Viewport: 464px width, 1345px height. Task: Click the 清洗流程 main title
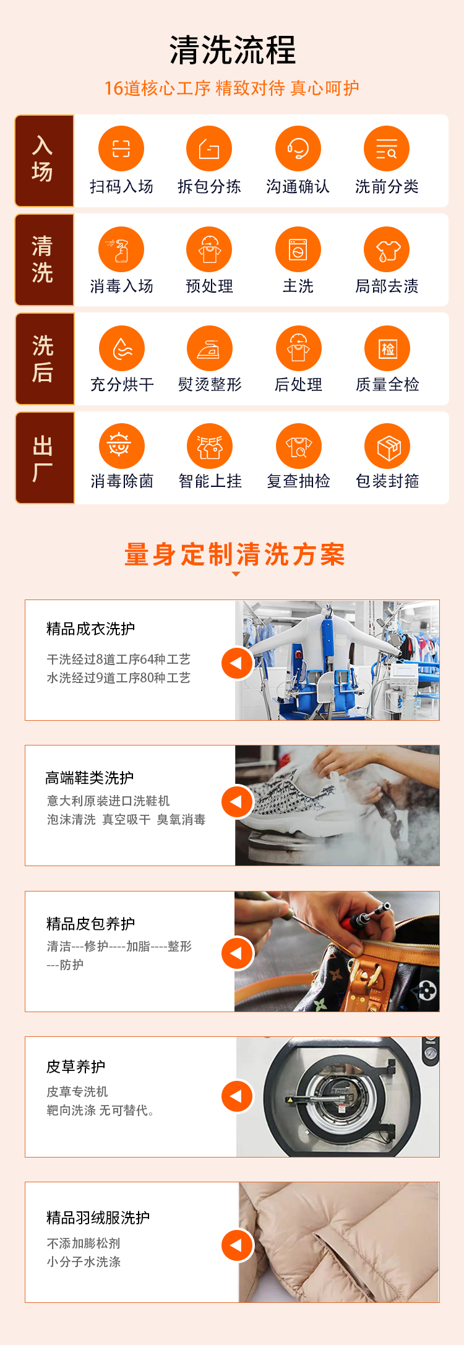[233, 50]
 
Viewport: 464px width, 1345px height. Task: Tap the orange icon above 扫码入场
[121, 148]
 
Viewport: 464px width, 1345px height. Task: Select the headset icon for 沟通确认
[298, 148]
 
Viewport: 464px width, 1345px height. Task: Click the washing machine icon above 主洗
[298, 249]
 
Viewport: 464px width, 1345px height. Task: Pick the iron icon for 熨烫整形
[210, 348]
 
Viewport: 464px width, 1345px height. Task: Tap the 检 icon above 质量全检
[388, 348]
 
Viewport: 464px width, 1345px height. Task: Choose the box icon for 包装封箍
[388, 446]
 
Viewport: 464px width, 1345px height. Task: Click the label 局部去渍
[387, 286]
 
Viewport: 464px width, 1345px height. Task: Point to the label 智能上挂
[210, 481]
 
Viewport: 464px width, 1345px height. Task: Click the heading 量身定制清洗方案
[234, 554]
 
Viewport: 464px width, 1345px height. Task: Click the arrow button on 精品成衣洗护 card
[237, 663]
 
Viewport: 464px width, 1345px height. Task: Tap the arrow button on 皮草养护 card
[237, 1096]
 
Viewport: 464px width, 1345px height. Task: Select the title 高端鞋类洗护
[90, 778]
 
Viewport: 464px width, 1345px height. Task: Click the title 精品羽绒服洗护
[98, 1218]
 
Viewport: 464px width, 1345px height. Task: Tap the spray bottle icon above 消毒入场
[121, 249]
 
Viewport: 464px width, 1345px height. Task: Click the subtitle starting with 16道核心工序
[232, 88]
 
